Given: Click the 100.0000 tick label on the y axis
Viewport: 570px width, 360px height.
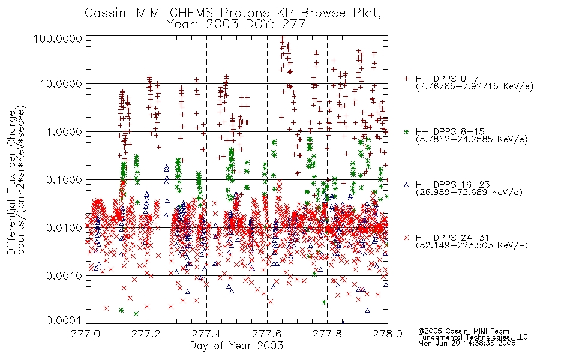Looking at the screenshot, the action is [58, 38].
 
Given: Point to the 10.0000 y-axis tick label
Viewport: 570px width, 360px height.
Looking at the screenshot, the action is [61, 84].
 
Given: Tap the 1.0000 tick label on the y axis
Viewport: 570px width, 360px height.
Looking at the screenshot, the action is [64, 131].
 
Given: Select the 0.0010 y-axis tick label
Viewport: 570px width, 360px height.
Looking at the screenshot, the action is [64, 276].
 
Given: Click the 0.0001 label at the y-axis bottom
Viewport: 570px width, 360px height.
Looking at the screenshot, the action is [64, 320].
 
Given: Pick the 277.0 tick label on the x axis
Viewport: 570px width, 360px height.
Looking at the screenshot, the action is [86, 334].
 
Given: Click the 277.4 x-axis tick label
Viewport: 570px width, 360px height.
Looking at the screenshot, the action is [206, 334].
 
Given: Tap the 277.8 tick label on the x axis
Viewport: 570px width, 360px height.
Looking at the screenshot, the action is [327, 334].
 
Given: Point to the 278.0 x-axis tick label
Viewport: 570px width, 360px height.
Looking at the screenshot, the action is [388, 334].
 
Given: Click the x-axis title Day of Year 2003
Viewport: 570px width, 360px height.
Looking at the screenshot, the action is [236, 346].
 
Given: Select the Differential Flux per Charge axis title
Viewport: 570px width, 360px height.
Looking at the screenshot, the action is [11, 182].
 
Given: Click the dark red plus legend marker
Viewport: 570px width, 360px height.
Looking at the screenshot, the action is [406, 79].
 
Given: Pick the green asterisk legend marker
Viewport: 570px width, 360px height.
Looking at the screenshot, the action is [406, 131].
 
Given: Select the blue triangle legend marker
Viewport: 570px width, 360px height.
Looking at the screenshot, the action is [406, 185].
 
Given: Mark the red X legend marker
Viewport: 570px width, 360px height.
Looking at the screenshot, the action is [406, 238].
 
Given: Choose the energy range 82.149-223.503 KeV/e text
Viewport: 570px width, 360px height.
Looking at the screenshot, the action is [472, 245].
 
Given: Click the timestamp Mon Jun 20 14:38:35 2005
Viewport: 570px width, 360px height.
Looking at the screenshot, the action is [467, 343].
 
